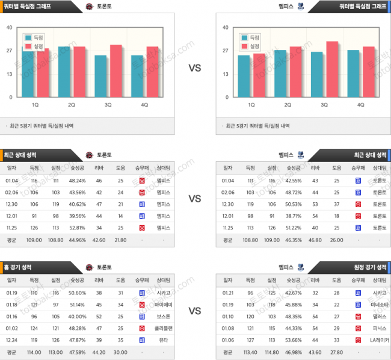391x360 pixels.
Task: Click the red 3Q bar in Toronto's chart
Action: (x=116, y=71)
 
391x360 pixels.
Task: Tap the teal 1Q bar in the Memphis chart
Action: (x=244, y=76)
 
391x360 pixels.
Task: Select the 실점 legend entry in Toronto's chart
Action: (x=39, y=46)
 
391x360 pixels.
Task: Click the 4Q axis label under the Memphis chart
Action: (x=361, y=104)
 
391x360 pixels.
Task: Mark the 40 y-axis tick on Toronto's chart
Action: (x=9, y=27)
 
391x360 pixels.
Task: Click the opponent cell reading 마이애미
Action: (x=163, y=305)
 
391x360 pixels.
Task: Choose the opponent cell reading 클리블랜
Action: (x=163, y=328)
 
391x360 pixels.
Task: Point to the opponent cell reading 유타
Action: (x=163, y=340)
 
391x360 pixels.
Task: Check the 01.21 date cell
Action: (x=228, y=293)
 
